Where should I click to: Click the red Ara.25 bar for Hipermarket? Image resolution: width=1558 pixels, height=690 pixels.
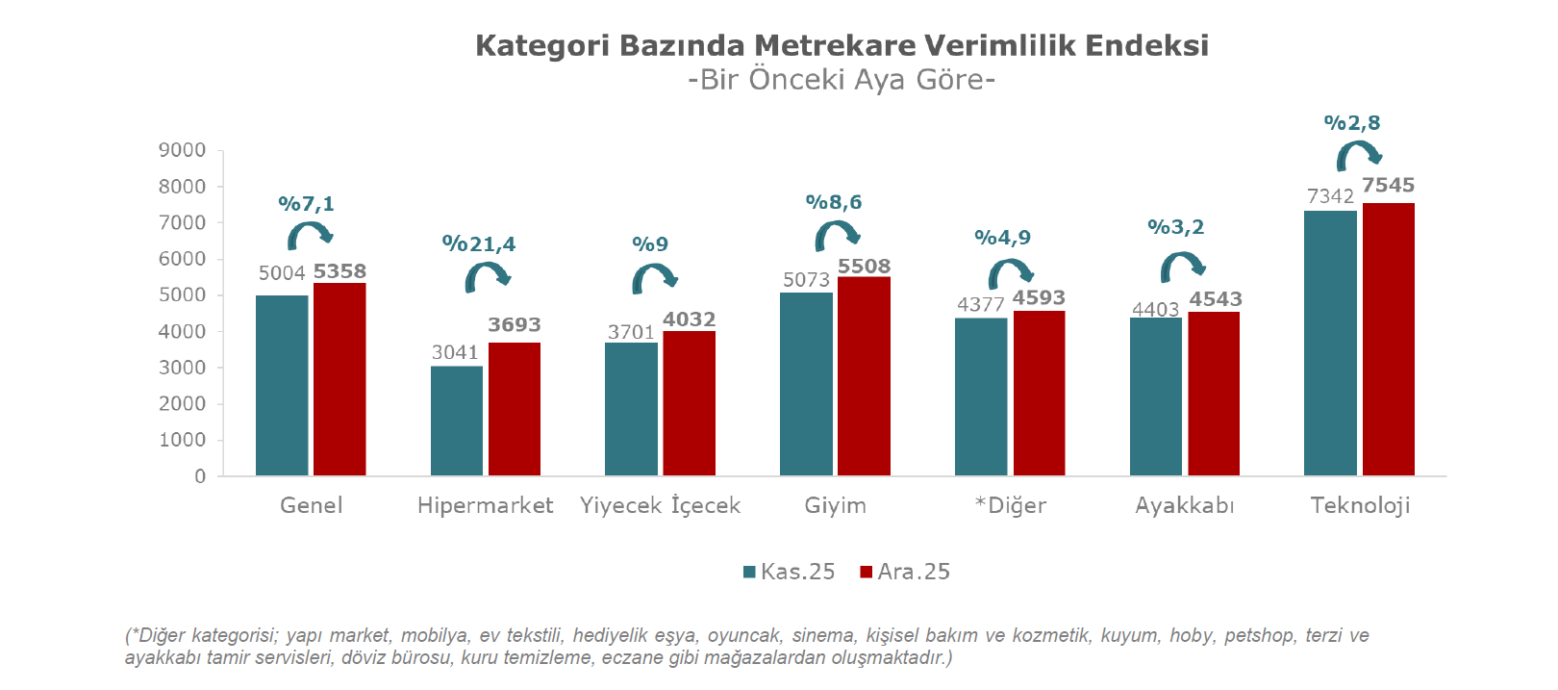click(x=515, y=409)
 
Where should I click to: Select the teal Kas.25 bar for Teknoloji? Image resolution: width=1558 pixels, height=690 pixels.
click(x=1330, y=343)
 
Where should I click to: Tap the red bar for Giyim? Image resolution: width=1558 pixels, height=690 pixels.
click(x=864, y=376)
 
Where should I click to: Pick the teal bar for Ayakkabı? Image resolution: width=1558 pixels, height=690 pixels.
click(x=1156, y=396)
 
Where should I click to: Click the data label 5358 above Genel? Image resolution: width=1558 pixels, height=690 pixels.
click(x=339, y=271)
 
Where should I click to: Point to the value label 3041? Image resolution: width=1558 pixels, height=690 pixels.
click(x=455, y=352)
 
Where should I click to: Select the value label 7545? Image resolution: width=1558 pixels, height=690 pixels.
click(x=1388, y=185)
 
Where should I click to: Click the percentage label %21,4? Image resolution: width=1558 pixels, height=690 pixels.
click(x=479, y=243)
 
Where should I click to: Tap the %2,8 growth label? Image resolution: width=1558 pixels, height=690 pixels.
click(x=1352, y=122)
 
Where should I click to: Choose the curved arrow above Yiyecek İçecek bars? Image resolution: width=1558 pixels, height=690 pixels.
click(x=654, y=278)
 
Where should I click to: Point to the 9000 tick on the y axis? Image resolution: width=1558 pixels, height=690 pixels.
click(x=182, y=150)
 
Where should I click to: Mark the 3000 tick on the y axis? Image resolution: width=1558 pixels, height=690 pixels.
click(x=182, y=368)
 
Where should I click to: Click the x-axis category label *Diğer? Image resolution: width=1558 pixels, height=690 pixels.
click(x=1010, y=505)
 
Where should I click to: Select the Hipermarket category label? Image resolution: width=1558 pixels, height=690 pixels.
click(x=485, y=505)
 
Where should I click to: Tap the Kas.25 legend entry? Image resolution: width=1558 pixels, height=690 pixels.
click(x=790, y=572)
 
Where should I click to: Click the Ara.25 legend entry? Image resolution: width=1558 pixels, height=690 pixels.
click(x=905, y=572)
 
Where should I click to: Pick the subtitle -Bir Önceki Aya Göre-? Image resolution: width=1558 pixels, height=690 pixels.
click(x=842, y=79)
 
